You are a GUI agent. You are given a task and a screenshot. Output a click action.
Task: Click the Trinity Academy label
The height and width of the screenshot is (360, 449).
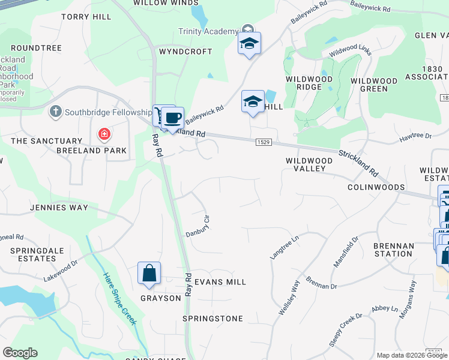208,31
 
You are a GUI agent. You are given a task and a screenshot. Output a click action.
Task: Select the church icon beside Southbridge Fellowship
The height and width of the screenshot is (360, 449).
55,112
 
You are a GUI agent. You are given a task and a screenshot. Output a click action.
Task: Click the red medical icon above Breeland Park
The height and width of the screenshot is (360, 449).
104,133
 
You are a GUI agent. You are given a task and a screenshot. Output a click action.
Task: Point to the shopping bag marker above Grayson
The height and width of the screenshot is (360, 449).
149,273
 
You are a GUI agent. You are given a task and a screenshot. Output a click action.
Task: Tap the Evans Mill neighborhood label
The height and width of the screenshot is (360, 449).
220,282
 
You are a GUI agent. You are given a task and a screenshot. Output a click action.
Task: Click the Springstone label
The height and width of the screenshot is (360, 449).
213,319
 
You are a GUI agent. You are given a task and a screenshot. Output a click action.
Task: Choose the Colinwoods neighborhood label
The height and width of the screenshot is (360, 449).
376,187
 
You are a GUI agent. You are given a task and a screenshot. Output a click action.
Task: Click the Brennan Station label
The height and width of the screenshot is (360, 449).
393,250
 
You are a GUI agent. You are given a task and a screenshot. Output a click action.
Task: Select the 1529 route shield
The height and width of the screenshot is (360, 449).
262,142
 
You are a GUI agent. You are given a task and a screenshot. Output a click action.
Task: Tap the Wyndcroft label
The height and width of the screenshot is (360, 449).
185,52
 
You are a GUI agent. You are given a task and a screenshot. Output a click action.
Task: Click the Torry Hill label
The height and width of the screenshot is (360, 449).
86,17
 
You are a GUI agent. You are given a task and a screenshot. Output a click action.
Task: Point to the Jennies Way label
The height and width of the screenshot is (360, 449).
59,208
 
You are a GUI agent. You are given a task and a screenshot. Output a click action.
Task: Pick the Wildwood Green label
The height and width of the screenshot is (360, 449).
374,85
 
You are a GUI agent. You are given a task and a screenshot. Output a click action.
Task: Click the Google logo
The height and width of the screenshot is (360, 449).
20,353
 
